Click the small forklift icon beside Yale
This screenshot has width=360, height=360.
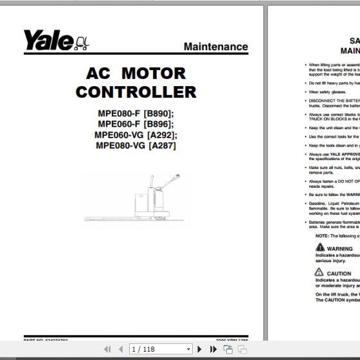click(82, 44)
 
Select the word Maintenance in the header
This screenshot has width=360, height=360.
click(215, 46)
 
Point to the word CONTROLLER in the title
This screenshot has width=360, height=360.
click(136, 92)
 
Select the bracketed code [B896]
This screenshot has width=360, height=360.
click(159, 124)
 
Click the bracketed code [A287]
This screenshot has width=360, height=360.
click(161, 145)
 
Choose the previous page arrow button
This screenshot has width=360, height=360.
click(120, 349)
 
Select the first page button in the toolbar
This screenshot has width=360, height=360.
click(107, 349)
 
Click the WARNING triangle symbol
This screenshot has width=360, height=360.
click(320, 248)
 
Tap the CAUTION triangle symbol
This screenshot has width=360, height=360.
click(320, 273)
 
